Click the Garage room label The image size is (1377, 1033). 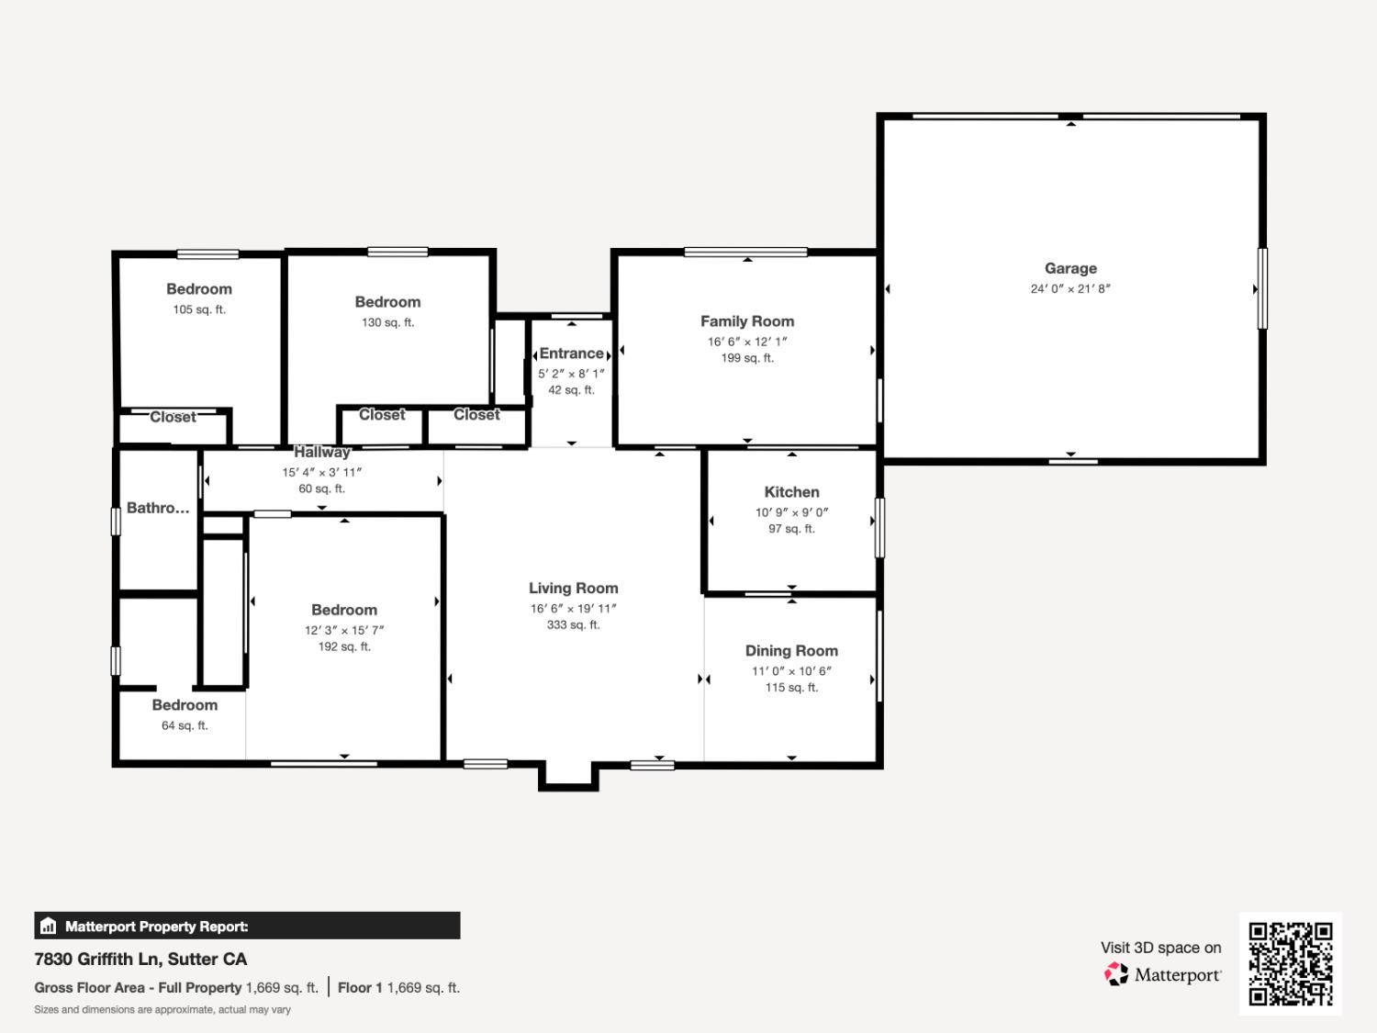point(1070,268)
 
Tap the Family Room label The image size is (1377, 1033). point(747,321)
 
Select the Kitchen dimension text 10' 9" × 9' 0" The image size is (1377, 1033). point(791,512)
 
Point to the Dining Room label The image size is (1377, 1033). point(791,651)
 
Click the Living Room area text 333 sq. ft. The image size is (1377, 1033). point(573,625)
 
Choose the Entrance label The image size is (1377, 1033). point(571,354)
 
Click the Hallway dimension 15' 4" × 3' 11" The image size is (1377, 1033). point(321,472)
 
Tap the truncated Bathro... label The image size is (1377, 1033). point(158,508)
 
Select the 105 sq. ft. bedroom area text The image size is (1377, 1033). point(199,309)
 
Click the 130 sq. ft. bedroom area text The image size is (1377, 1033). point(387,322)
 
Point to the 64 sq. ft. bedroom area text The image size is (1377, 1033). point(185,725)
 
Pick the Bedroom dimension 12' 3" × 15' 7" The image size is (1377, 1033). point(344,630)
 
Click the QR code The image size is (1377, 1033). point(1290,964)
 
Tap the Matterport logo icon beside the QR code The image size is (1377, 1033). point(1116,974)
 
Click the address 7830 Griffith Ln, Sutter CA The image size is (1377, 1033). point(140,959)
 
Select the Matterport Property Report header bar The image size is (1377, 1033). point(247,926)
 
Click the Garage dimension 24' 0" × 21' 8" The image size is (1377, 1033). point(1070,288)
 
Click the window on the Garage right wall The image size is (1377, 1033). point(1262,288)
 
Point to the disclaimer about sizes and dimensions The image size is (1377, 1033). point(162,1010)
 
